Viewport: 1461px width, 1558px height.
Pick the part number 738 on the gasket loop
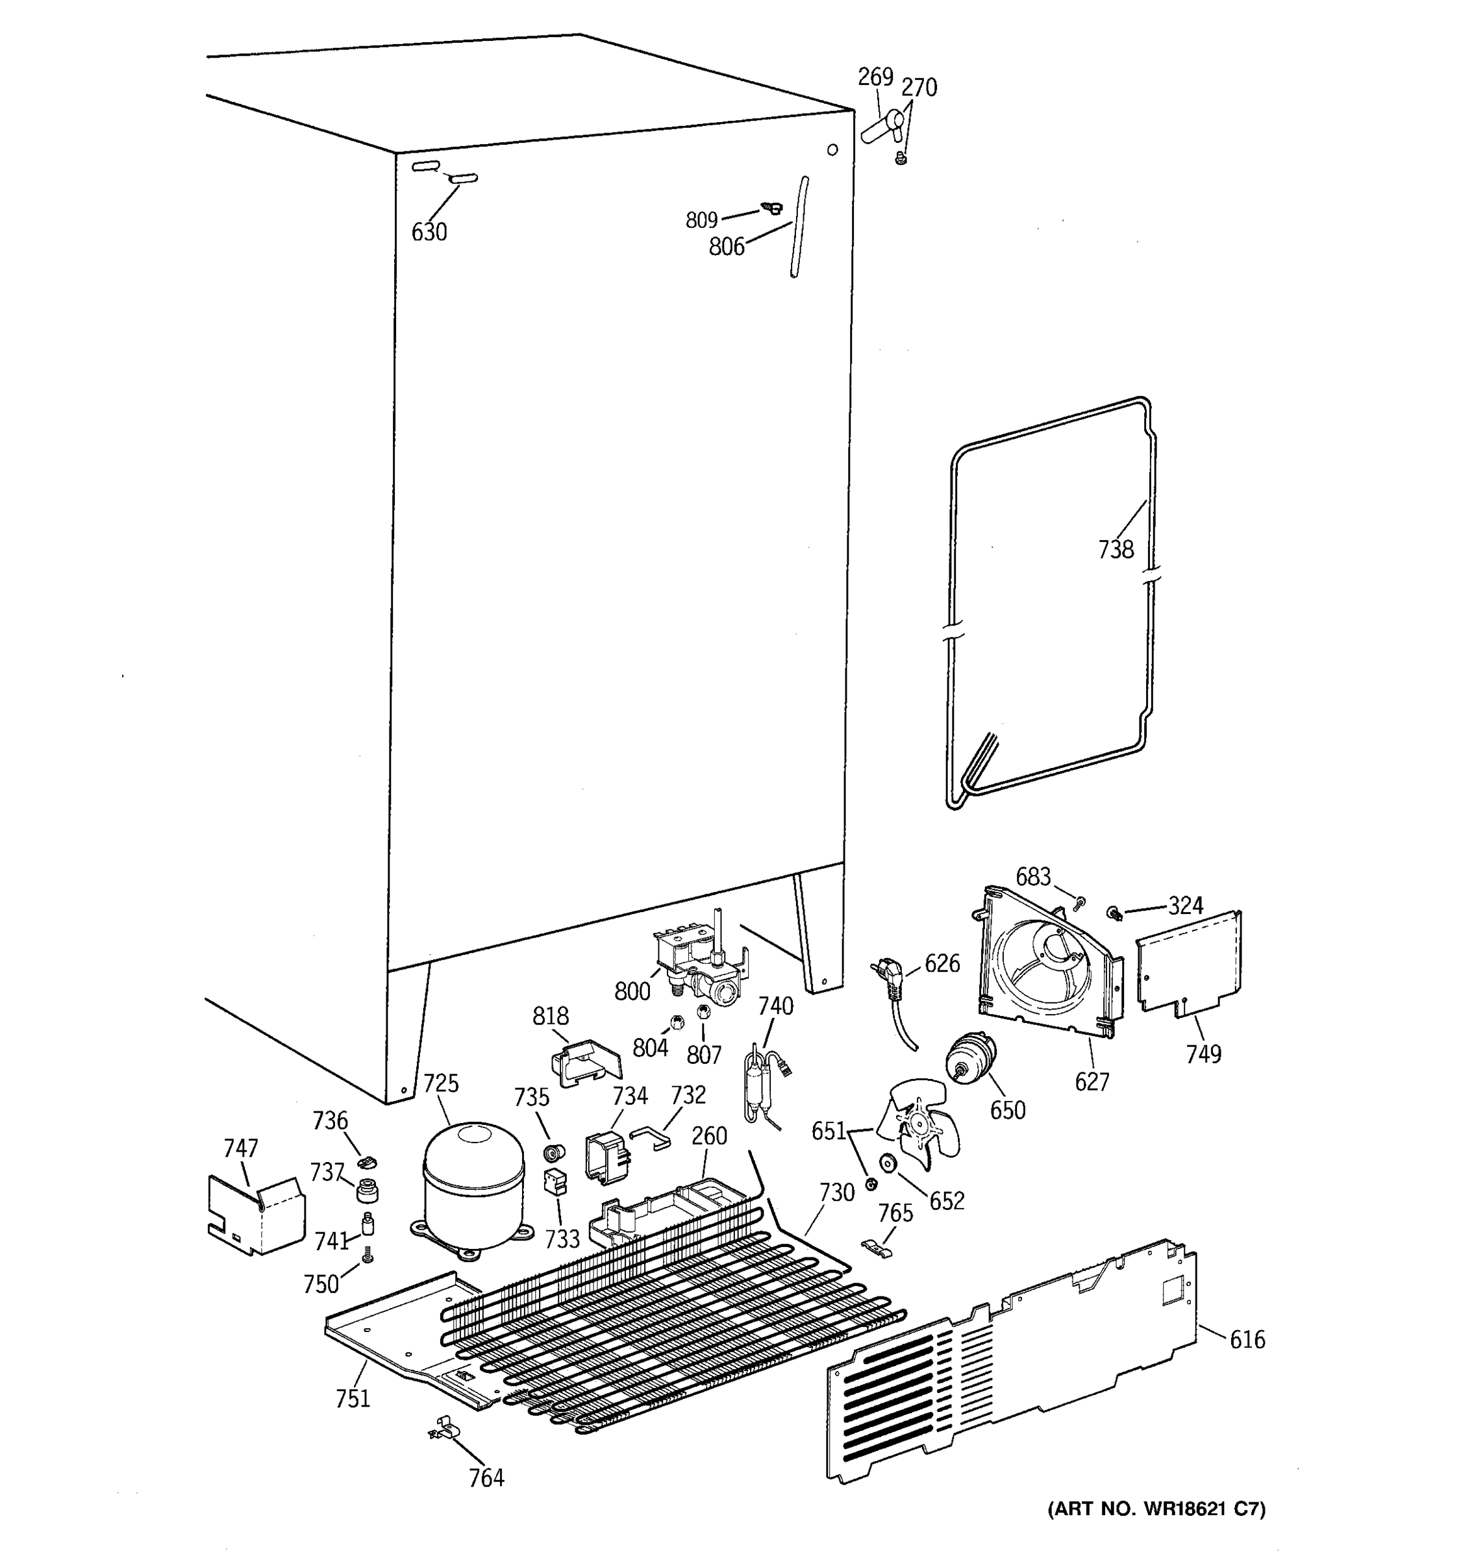[x=1116, y=550]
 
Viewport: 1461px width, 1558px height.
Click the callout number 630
[x=429, y=232]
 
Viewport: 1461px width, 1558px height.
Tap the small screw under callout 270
[x=901, y=159]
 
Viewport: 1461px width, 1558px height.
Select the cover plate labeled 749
[x=1188, y=965]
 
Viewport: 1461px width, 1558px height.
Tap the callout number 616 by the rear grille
[x=1246, y=1339]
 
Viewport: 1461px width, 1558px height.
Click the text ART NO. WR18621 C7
[x=1156, y=1531]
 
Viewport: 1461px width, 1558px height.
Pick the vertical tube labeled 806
[x=799, y=227]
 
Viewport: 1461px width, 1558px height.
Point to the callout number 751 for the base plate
[x=353, y=1398]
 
